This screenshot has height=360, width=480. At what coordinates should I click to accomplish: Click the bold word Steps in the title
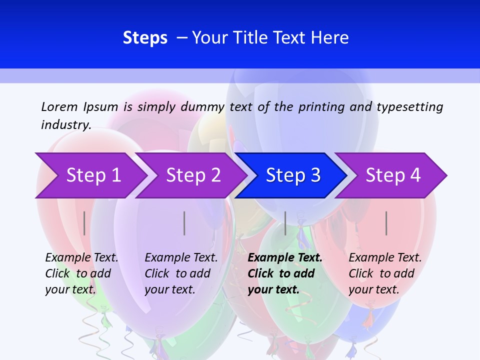145,38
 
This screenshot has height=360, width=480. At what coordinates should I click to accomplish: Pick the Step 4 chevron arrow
393,175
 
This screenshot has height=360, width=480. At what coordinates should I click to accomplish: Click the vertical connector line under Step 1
84,223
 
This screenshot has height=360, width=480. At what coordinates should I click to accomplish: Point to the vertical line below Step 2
184,223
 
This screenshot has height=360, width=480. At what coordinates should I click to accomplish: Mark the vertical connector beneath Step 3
285,223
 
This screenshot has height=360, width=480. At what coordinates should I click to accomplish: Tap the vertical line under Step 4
386,223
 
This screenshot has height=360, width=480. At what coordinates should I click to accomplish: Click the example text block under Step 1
81,273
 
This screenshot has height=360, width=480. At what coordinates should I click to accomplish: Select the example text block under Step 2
181,273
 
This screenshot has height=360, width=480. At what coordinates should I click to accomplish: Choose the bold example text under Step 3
285,273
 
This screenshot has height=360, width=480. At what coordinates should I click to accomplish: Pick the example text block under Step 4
385,273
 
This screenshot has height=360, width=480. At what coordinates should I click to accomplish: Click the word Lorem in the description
59,106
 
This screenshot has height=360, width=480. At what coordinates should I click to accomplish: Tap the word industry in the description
66,125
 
